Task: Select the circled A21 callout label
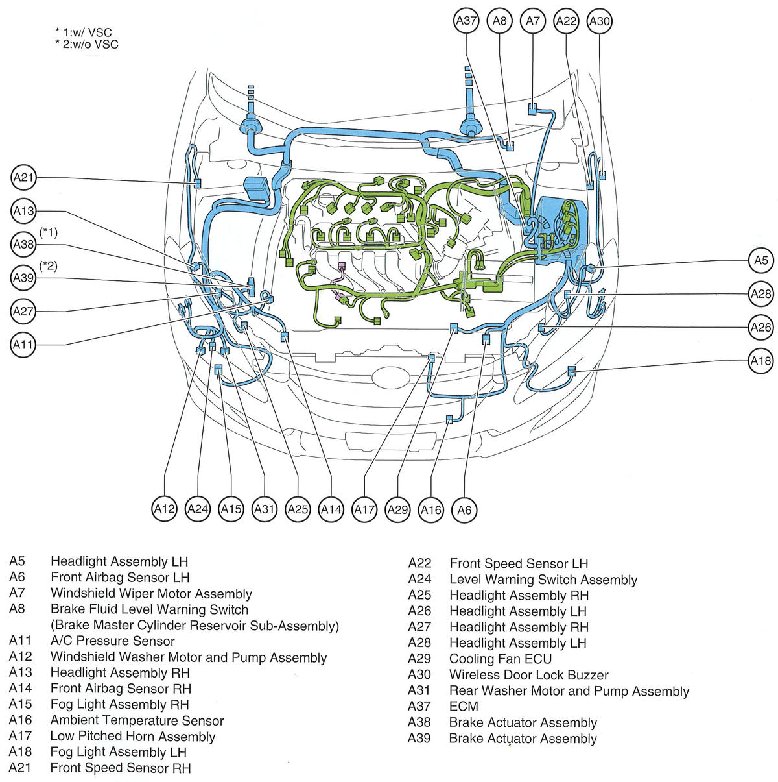pyautogui.click(x=24, y=177)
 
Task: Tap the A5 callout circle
pyautogui.click(x=760, y=260)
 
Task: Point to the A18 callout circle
pyautogui.click(x=760, y=360)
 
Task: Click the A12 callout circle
pyautogui.click(x=165, y=509)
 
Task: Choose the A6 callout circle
pyautogui.click(x=464, y=509)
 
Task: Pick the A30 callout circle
pyautogui.click(x=599, y=21)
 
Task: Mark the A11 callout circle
pyautogui.click(x=24, y=345)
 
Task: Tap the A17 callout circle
pyautogui.click(x=364, y=509)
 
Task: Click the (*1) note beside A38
pyautogui.click(x=49, y=232)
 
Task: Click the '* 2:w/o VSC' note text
pyautogui.click(x=87, y=45)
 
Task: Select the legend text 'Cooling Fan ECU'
pyautogui.click(x=500, y=659)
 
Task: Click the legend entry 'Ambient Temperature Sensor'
pyautogui.click(x=137, y=720)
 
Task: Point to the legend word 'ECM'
pyautogui.click(x=464, y=707)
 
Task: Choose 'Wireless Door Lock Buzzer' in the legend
pyautogui.click(x=528, y=675)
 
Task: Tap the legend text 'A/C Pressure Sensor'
pyautogui.click(x=112, y=641)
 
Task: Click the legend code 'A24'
pyautogui.click(x=419, y=579)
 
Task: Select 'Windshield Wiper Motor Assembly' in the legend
pyautogui.click(x=151, y=593)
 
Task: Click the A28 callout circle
pyautogui.click(x=760, y=293)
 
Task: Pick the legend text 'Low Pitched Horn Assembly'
pyautogui.click(x=132, y=736)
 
